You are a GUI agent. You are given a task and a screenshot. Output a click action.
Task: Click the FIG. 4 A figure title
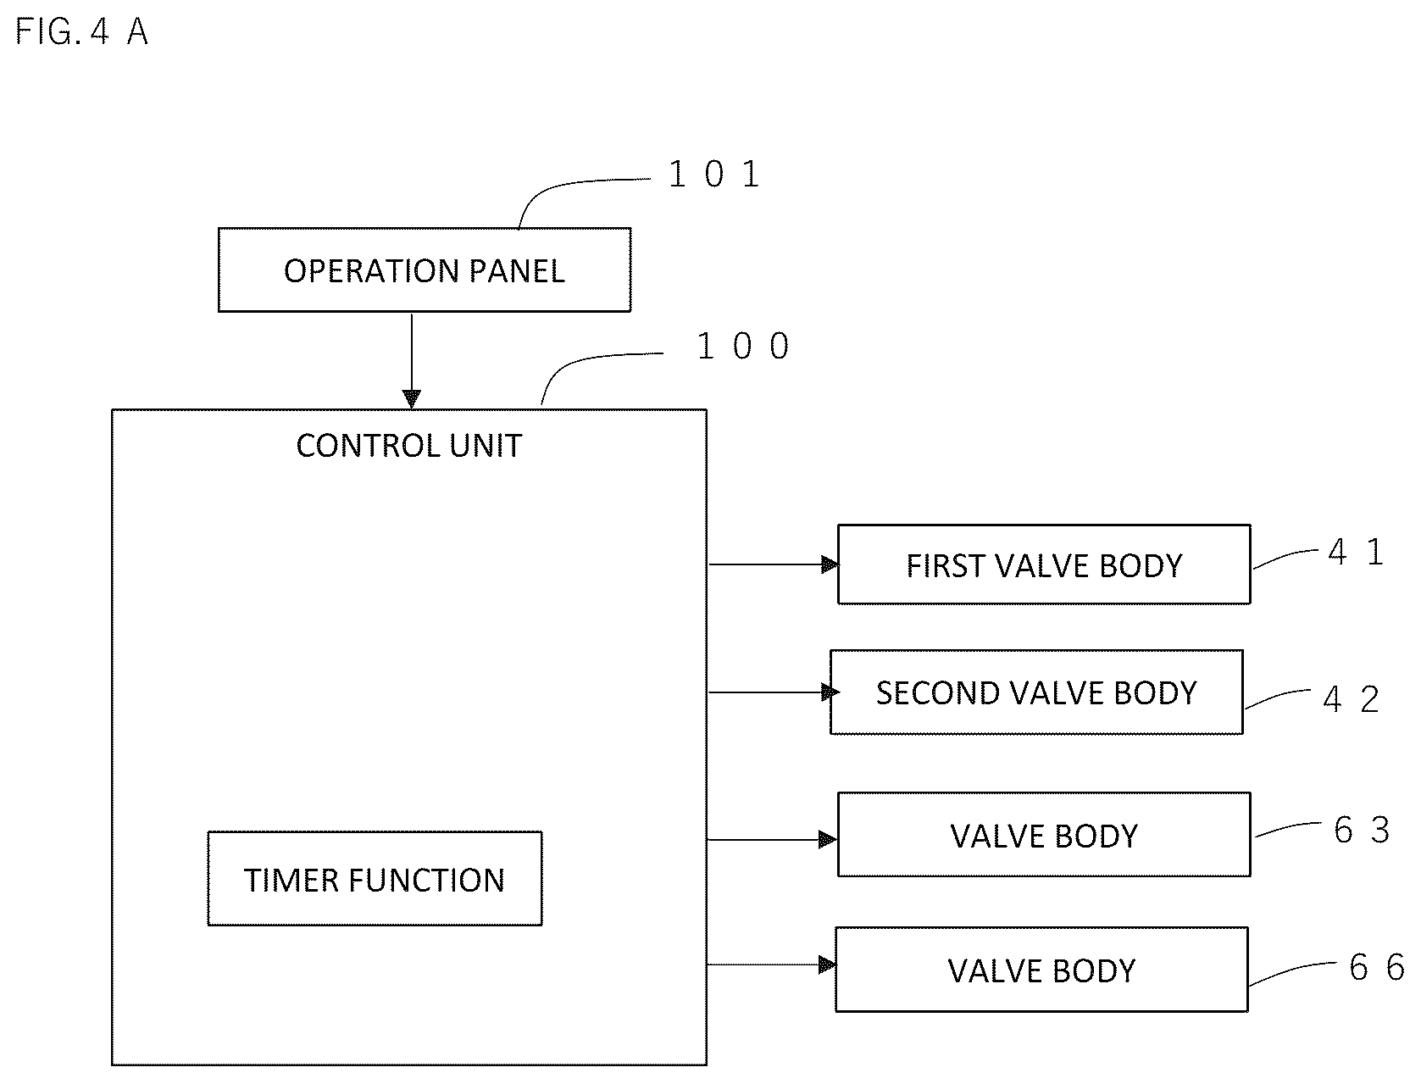(x=81, y=31)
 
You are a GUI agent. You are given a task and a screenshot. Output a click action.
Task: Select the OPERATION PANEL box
(x=424, y=270)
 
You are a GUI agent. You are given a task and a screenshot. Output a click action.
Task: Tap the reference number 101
(x=714, y=175)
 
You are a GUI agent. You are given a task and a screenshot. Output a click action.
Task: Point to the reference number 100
(x=742, y=346)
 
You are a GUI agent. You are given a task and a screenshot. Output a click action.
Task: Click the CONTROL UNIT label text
(x=408, y=446)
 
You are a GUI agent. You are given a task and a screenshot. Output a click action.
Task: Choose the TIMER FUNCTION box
(x=375, y=878)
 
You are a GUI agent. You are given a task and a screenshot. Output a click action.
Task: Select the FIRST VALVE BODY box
(x=1044, y=564)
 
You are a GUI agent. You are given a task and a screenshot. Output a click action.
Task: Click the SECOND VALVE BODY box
(x=1035, y=692)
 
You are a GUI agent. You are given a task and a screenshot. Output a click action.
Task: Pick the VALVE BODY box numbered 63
(x=1044, y=834)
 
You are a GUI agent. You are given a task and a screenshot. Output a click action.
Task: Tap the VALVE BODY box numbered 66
(x=1041, y=969)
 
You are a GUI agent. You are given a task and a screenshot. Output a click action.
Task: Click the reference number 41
(x=1356, y=553)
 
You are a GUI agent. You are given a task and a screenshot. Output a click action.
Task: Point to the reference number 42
(x=1351, y=698)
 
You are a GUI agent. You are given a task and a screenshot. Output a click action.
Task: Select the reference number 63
(x=1362, y=830)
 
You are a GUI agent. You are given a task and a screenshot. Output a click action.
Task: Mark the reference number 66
(x=1376, y=967)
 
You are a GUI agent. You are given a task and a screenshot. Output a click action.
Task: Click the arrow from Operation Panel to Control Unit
(x=412, y=361)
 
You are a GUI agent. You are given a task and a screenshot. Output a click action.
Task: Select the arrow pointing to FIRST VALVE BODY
(x=774, y=564)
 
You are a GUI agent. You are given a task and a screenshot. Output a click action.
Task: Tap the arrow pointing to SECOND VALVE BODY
(x=774, y=692)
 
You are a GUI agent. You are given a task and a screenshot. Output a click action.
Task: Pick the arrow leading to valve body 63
(x=772, y=839)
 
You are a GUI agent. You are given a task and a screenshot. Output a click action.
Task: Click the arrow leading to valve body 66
(x=772, y=964)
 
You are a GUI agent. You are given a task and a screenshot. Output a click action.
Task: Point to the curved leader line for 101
(x=563, y=185)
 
